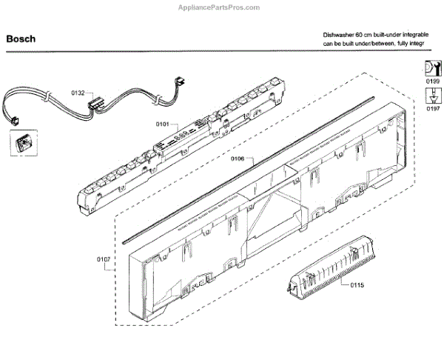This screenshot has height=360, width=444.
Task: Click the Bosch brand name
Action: point(20,39)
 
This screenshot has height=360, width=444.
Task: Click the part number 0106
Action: point(238,159)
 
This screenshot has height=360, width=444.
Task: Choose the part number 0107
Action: point(104,259)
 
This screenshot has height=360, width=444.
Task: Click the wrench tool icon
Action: point(431,67)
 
